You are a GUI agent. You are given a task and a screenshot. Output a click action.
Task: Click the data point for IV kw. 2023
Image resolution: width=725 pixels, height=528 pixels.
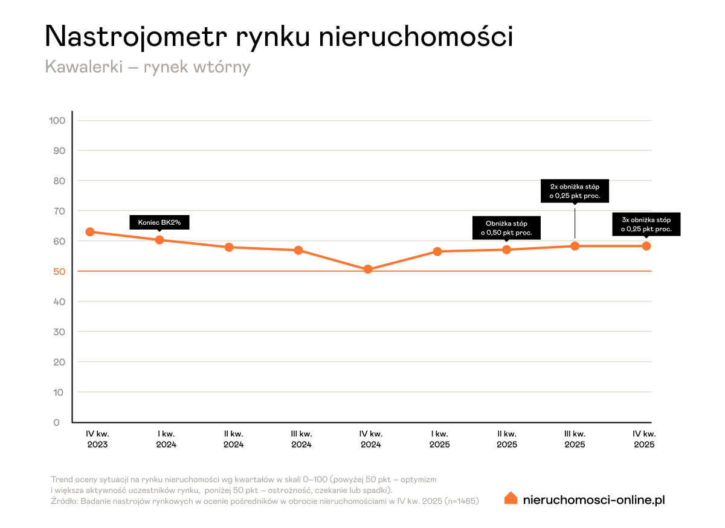(90, 232)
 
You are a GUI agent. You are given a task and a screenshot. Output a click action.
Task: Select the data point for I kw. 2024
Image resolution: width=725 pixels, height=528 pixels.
(159, 240)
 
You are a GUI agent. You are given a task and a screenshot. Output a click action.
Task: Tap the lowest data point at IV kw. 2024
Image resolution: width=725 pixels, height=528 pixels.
(368, 269)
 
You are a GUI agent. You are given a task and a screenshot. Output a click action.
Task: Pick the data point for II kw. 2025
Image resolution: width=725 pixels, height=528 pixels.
(507, 250)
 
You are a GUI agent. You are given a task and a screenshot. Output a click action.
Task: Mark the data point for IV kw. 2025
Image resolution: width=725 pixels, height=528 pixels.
(646, 246)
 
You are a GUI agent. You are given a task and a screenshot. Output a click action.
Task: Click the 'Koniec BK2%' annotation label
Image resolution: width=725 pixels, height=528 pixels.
(159, 222)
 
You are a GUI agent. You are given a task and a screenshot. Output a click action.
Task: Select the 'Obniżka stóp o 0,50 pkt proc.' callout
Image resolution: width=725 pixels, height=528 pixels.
(506, 228)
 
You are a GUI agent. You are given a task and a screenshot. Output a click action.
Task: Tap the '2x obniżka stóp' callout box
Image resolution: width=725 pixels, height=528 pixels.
(575, 191)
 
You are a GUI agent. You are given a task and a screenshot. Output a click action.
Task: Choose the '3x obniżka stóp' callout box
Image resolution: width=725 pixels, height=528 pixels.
(646, 224)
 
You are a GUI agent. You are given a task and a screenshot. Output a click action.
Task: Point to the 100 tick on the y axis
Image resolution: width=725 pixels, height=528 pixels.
(57, 120)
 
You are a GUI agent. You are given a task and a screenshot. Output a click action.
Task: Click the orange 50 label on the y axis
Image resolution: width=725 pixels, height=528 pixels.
(58, 271)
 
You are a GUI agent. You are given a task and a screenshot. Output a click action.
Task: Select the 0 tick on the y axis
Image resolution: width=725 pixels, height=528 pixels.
(57, 422)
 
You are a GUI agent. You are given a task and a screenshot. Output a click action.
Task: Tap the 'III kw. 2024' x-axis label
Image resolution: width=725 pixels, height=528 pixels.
(301, 439)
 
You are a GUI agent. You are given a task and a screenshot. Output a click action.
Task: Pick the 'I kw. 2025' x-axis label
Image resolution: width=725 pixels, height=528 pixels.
(439, 439)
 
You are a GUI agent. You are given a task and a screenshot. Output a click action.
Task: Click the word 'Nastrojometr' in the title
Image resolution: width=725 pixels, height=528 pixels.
(136, 37)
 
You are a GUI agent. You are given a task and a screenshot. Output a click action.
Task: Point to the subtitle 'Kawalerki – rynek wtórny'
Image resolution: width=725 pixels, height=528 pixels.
(147, 66)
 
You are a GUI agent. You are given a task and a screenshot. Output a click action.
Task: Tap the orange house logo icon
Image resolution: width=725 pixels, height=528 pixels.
(511, 498)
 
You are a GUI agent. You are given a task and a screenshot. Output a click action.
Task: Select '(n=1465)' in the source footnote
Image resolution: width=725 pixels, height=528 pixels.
(461, 501)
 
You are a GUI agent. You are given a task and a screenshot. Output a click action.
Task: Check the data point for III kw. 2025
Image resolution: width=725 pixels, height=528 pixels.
(575, 246)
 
